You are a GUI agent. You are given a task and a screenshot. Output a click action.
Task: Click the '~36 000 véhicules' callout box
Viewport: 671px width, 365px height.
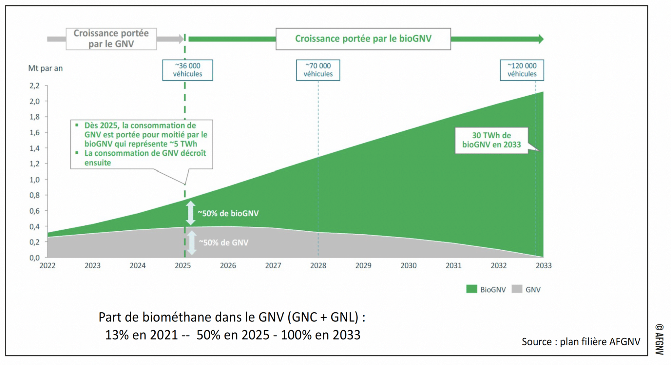[187, 70]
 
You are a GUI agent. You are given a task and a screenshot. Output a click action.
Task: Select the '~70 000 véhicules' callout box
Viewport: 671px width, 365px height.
[318, 70]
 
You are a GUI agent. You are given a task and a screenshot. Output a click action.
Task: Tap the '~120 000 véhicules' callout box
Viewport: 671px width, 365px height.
[522, 70]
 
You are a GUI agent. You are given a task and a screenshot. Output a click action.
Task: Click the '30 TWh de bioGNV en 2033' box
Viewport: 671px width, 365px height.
[491, 140]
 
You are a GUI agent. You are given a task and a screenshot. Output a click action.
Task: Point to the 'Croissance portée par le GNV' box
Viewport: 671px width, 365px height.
[111, 39]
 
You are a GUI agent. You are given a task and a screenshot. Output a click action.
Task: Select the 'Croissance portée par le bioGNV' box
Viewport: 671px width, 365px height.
[363, 39]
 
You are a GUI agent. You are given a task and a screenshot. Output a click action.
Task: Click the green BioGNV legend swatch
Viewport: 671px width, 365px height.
[471, 289]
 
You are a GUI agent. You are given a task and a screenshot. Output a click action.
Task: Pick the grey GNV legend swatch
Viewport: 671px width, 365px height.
[517, 289]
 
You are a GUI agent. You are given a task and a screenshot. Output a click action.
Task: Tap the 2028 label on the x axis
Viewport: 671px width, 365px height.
[318, 265]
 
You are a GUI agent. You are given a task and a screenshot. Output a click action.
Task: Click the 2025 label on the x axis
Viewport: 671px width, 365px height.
[183, 265]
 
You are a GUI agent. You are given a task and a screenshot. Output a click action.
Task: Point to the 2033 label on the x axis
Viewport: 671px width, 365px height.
[544, 265]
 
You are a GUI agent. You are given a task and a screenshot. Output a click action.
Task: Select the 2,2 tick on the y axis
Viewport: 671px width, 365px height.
[34, 86]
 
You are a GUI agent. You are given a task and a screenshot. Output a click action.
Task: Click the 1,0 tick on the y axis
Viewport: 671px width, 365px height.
[34, 180]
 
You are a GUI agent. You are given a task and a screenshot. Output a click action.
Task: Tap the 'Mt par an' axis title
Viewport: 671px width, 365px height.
[45, 68]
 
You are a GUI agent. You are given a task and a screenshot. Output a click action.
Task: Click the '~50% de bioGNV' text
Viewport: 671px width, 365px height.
[228, 213]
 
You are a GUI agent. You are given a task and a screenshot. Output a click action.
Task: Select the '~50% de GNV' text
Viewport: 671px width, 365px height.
[224, 242]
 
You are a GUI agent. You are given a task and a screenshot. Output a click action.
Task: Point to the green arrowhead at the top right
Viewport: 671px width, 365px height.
[541, 39]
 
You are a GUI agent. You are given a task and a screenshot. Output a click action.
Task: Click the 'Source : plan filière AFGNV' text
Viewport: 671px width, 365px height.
[581, 341]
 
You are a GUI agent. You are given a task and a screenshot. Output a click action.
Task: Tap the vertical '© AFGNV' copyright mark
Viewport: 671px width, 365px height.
[659, 339]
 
